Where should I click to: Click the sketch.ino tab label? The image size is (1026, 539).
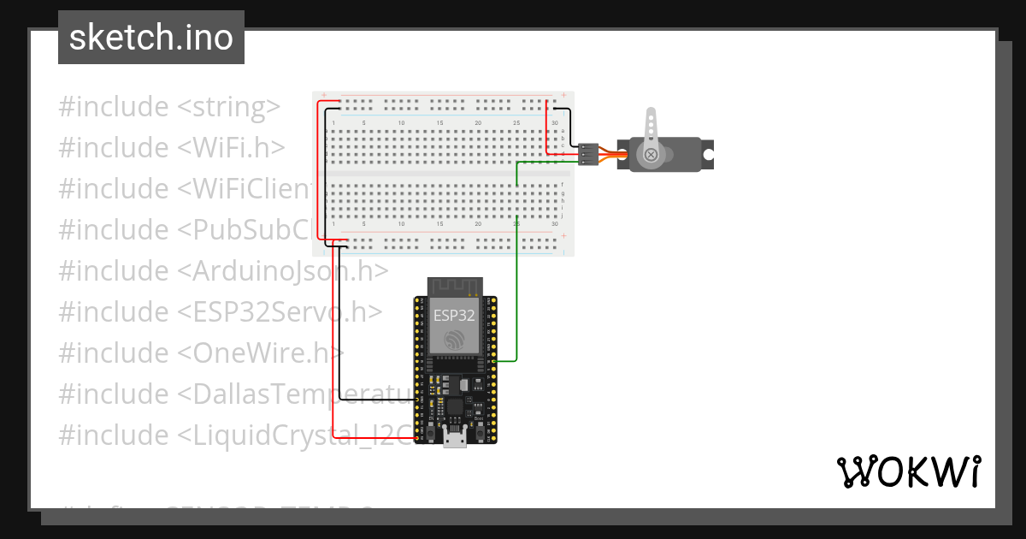pyautogui.click(x=150, y=38)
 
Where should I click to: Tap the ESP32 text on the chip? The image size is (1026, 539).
pyautogui.click(x=453, y=315)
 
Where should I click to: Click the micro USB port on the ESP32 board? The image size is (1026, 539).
pyautogui.click(x=454, y=440)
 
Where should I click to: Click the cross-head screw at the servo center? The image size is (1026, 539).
pyautogui.click(x=652, y=155)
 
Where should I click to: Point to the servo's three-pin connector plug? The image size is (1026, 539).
pyautogui.click(x=588, y=154)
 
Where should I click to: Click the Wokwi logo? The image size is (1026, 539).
pyautogui.click(x=908, y=471)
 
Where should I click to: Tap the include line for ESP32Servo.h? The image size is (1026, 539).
pyautogui.click(x=220, y=312)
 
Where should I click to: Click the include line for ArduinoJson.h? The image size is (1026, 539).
pyautogui.click(x=223, y=271)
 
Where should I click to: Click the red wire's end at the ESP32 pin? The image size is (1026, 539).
pyautogui.click(x=416, y=440)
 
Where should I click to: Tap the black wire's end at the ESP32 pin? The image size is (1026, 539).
pyautogui.click(x=416, y=400)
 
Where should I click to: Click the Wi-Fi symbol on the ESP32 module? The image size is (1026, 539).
pyautogui.click(x=454, y=340)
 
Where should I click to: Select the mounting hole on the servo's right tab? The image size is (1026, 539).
pyautogui.click(x=707, y=154)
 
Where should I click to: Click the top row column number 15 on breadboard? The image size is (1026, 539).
pyautogui.click(x=439, y=123)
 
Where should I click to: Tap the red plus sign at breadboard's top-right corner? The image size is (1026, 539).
pyautogui.click(x=562, y=94)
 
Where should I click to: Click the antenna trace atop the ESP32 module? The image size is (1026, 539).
pyautogui.click(x=454, y=286)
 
